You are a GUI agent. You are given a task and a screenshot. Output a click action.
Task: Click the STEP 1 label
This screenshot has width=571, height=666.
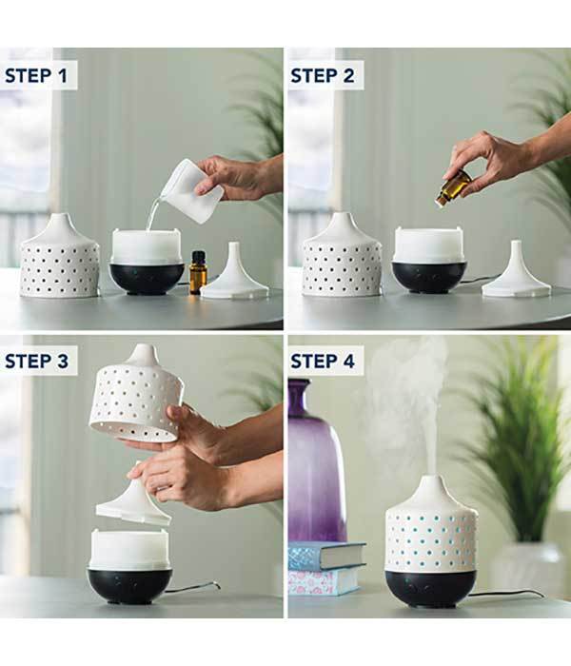(36, 75)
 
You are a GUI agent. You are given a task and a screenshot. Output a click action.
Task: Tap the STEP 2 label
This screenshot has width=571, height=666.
(322, 75)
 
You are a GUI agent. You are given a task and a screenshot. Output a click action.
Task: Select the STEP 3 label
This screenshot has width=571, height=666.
(36, 361)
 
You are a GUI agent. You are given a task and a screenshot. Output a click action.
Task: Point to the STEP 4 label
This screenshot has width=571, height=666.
(322, 361)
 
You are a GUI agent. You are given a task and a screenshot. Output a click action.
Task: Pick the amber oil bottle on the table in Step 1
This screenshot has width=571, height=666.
(198, 272)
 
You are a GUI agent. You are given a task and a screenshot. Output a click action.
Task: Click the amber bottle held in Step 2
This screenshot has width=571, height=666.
(452, 187)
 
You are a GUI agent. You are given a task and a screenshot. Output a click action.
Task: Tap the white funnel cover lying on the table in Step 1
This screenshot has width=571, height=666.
(234, 273)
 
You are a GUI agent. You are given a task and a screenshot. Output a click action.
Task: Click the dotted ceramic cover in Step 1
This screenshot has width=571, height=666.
(59, 257)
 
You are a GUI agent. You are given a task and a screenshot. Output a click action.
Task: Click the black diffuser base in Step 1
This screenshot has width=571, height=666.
(147, 279)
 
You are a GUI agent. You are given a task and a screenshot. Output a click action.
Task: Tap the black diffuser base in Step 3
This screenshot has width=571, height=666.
(130, 585)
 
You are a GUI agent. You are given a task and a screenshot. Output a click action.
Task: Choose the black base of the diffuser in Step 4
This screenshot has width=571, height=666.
(431, 589)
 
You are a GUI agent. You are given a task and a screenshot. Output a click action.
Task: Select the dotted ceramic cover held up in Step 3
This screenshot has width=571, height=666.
(137, 394)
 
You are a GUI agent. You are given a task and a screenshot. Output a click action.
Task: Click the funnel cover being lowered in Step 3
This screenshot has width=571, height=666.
(134, 501)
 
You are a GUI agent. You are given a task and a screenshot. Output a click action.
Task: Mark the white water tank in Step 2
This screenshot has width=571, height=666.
(428, 245)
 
